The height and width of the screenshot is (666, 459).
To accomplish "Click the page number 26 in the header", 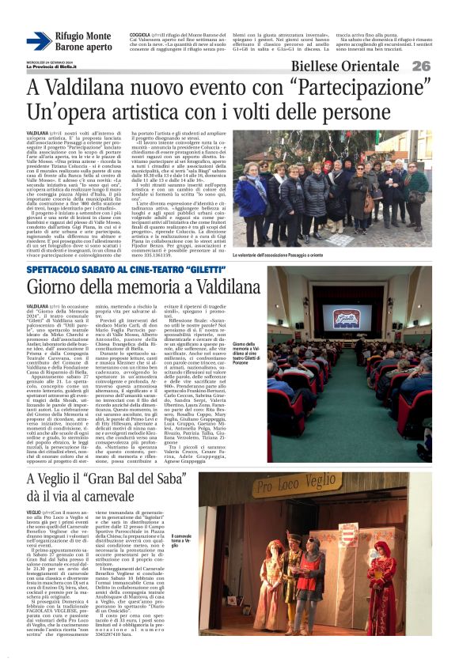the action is pyautogui.click(x=442, y=66).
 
